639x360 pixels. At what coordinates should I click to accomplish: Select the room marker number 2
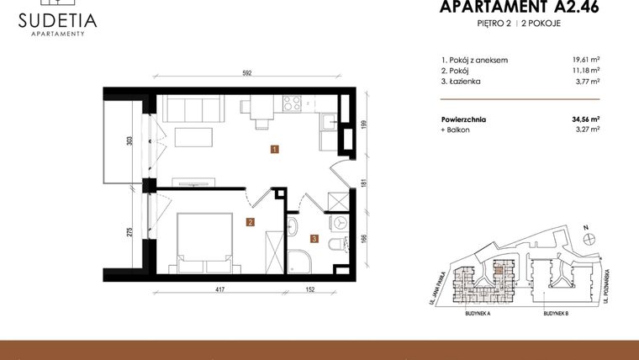[250, 223]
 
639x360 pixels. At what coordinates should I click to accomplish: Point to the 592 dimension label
[247, 73]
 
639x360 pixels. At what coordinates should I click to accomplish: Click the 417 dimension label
[219, 290]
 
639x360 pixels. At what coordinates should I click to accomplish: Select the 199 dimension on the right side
[365, 125]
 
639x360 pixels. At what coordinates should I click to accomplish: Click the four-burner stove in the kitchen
[292, 104]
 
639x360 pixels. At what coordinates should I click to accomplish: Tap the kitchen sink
[327, 124]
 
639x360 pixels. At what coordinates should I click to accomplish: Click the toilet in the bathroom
[335, 244]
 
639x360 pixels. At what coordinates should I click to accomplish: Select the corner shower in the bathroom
[298, 261]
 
